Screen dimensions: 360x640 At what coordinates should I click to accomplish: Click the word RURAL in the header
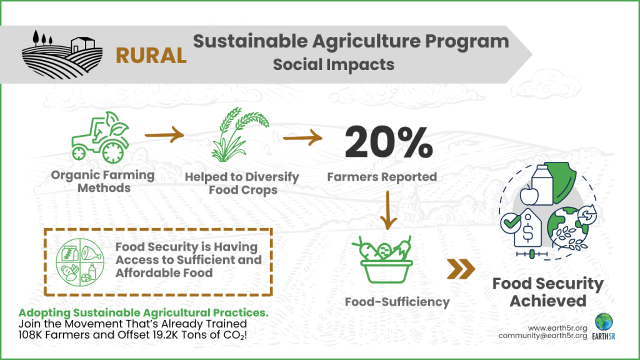click(x=151, y=55)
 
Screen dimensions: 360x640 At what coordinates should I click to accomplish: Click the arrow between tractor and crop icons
click(x=165, y=133)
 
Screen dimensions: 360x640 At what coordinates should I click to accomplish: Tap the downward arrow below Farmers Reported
click(x=389, y=209)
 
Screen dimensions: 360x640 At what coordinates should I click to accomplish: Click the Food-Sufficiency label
click(x=397, y=302)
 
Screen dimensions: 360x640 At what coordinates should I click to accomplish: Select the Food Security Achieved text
click(x=548, y=292)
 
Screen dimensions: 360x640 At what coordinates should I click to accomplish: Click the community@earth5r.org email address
click(x=542, y=336)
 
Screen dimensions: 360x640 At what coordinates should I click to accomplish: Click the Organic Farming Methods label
click(x=104, y=182)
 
